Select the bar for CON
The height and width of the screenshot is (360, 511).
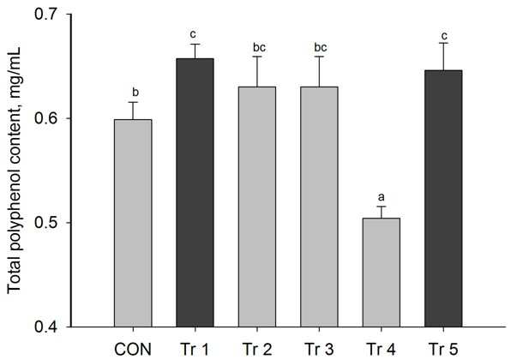pyautogui.click(x=133, y=223)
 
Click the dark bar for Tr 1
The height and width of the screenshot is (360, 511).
pyautogui.click(x=195, y=193)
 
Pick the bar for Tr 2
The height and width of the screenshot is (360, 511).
pyautogui.click(x=257, y=207)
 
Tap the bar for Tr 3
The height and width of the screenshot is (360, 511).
pyautogui.click(x=319, y=207)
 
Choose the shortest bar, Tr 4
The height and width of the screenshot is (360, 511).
pyautogui.click(x=382, y=273)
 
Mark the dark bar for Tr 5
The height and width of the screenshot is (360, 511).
pyautogui.click(x=443, y=198)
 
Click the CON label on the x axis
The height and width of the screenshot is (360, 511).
pyautogui.click(x=133, y=350)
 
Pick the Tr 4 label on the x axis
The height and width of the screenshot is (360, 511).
pyautogui.click(x=382, y=350)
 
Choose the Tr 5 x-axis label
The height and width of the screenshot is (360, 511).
pyautogui.click(x=443, y=350)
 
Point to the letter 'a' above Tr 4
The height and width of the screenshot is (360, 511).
pyautogui.click(x=381, y=197)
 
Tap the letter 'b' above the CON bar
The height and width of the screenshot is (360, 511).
pyautogui.click(x=135, y=93)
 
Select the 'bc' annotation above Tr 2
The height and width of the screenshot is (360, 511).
pyautogui.click(x=260, y=47)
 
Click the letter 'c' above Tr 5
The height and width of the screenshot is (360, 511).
pyautogui.click(x=444, y=35)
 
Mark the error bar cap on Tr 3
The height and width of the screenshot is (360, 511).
pyautogui.click(x=319, y=57)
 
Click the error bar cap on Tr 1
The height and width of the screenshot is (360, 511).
pyautogui.click(x=195, y=44)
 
